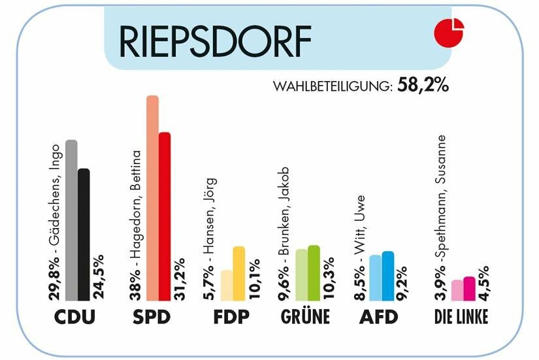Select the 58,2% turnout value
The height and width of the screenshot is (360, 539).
pos(423,86)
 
